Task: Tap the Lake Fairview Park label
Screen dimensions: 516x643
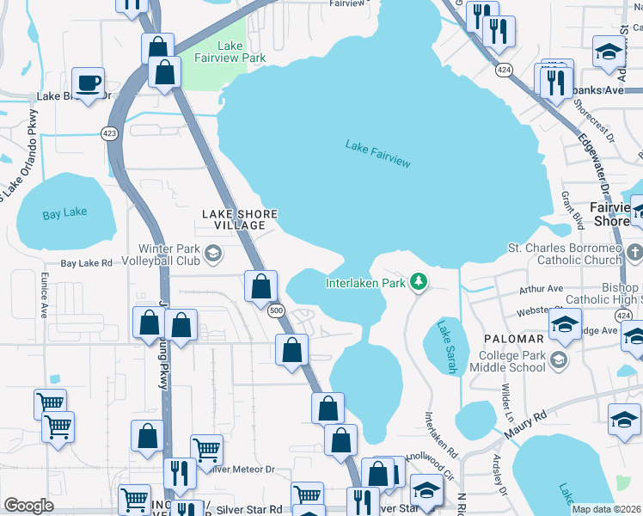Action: pyautogui.click(x=242, y=52)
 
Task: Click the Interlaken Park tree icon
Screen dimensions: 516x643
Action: pyautogui.click(x=419, y=281)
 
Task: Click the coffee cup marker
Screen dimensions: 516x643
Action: pyautogui.click(x=89, y=83)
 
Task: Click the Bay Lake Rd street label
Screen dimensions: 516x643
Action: pyautogui.click(x=86, y=263)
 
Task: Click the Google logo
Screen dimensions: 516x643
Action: pyautogui.click(x=28, y=506)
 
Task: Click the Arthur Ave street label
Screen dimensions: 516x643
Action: pyautogui.click(x=542, y=289)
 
